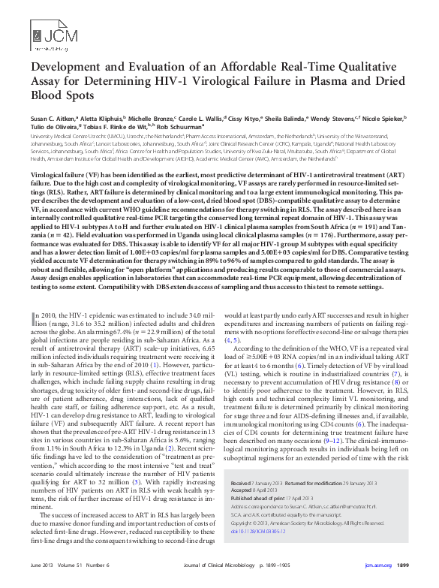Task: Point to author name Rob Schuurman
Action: (180, 127)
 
